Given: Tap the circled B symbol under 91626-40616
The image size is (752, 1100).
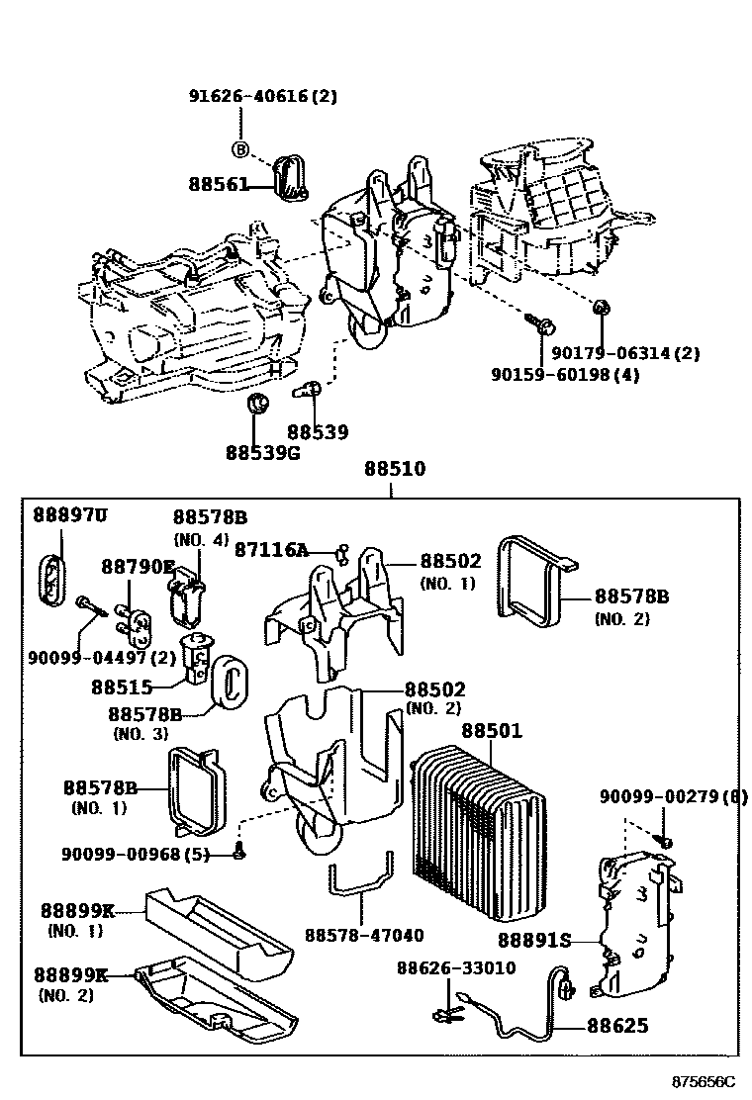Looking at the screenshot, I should [239, 149].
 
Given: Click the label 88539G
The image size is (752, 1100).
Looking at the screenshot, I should [262, 452].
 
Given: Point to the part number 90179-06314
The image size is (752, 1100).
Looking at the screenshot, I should [625, 353].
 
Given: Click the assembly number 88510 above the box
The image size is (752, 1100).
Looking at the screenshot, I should [394, 469].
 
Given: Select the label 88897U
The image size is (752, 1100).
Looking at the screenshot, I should [69, 515].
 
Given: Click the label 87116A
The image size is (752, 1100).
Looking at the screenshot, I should [271, 550].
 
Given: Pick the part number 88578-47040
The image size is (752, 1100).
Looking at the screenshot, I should [364, 935].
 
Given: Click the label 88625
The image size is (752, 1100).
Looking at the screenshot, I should [617, 1026].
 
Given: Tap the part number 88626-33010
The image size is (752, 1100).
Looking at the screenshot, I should [456, 967].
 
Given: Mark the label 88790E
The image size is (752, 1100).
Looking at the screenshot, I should [138, 566].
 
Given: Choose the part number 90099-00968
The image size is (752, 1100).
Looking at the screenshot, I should [135, 854].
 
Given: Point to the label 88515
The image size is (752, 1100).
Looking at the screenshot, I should [122, 686].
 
